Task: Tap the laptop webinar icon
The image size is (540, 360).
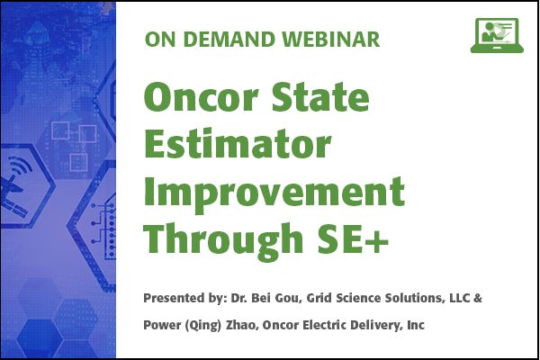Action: point(497,35)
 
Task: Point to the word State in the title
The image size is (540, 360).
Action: point(320,96)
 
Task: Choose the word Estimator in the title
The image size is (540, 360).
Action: point(238,144)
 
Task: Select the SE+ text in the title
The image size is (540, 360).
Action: point(354,239)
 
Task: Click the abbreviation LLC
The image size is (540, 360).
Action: point(460,298)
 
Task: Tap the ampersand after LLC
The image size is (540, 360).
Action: point(478,298)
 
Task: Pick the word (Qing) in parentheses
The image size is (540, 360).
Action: point(202,325)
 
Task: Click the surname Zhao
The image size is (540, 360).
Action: point(242,325)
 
